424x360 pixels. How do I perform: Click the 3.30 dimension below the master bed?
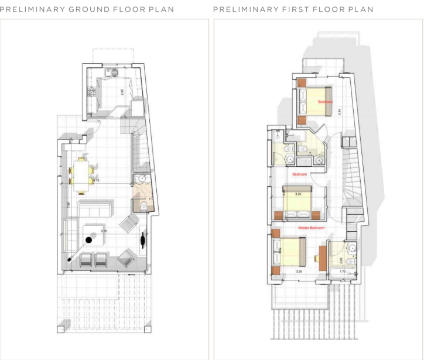tap(299, 271)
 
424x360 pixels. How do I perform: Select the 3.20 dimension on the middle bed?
tap(298, 194)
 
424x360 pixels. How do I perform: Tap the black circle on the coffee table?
tap(89, 239)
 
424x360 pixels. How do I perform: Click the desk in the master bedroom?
tap(322, 258)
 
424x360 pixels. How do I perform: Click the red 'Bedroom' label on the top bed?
tap(324, 102)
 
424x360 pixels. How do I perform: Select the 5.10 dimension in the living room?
tap(104, 231)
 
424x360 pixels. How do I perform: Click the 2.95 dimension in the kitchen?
tap(122, 91)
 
